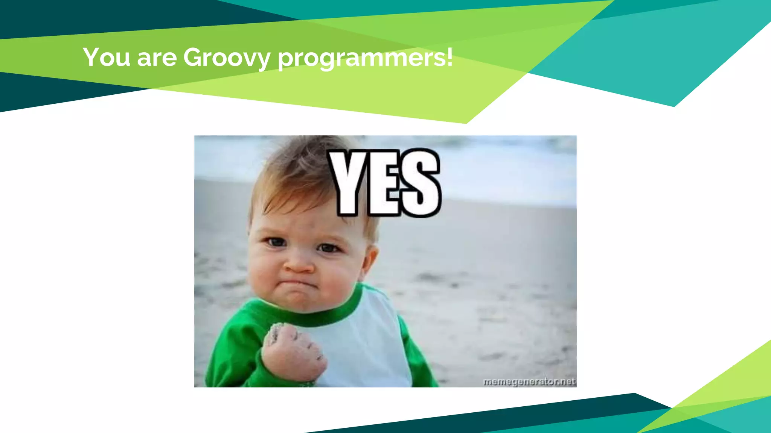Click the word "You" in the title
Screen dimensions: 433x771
click(107, 58)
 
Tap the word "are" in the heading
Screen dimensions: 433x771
click(157, 59)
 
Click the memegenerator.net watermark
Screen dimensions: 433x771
click(529, 382)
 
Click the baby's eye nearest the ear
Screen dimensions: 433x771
click(328, 247)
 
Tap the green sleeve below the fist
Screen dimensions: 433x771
click(241, 372)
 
